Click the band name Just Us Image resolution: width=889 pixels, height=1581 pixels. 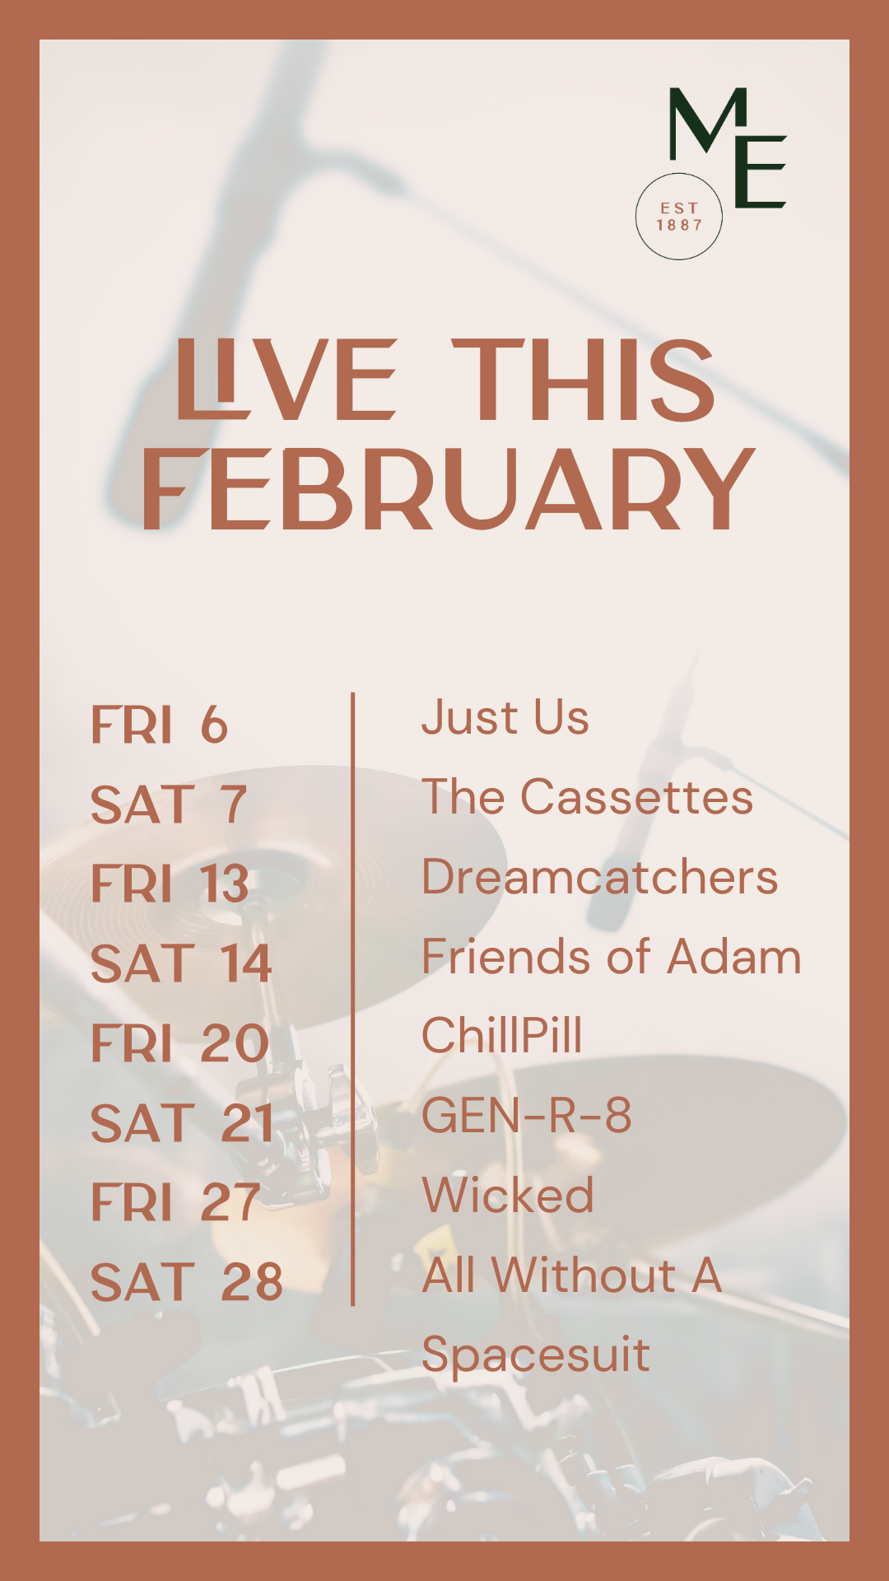(x=505, y=718)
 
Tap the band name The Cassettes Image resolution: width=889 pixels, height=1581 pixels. (x=588, y=797)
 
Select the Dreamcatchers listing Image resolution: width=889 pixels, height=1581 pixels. (x=600, y=877)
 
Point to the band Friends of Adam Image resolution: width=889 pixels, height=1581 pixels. (x=612, y=957)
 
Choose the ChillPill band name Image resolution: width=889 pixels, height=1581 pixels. (x=502, y=1036)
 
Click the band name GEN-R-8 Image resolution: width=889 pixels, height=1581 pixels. (x=527, y=1116)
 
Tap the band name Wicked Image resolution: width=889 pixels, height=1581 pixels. (x=508, y=1196)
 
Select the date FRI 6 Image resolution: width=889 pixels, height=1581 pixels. (x=159, y=725)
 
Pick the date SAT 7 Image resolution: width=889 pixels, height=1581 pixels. (x=169, y=804)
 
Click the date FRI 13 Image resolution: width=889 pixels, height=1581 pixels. (x=170, y=884)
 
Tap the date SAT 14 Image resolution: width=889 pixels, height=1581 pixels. (x=181, y=963)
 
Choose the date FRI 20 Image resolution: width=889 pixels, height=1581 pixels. (x=180, y=1043)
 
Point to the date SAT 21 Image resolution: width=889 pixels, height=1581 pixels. (x=183, y=1123)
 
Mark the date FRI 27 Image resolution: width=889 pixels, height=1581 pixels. (x=175, y=1202)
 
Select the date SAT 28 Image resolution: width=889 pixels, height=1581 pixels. (x=187, y=1282)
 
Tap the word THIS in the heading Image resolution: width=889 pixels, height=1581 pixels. (x=584, y=380)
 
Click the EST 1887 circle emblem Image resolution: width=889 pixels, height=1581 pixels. (x=679, y=217)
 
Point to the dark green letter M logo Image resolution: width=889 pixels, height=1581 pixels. (x=708, y=124)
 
